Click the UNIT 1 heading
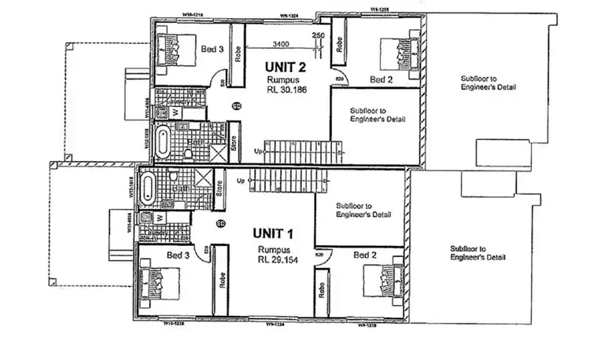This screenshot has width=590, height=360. [x=273, y=233]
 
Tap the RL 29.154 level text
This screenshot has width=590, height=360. [x=277, y=257]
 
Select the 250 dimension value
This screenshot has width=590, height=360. [x=319, y=35]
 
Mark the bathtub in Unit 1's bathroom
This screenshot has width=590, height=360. [x=149, y=189]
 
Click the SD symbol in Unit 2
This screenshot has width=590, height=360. [x=236, y=106]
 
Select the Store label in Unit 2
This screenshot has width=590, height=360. [x=233, y=143]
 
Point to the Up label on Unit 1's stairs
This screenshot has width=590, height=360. [x=240, y=180]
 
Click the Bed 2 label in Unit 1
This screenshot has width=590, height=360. [x=364, y=255]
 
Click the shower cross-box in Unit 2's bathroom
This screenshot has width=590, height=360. [x=214, y=139]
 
